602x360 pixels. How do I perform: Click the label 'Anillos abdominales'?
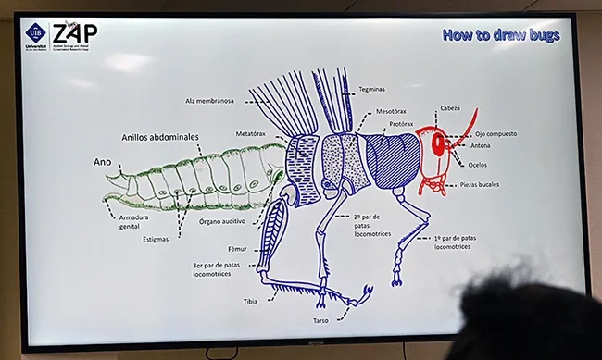[159, 137]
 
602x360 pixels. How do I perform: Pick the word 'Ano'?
[102, 161]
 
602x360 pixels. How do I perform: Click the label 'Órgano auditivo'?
[223, 222]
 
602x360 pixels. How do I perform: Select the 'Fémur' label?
[238, 249]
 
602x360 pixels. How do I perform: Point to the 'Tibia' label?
[250, 301]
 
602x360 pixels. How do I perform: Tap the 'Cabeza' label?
[451, 107]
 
